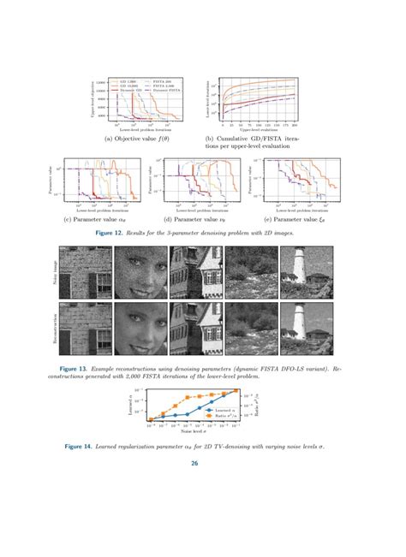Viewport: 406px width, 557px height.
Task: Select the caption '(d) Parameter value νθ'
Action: [x=201, y=219]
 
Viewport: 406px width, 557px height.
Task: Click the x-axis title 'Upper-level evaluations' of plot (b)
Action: [x=257, y=128]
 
